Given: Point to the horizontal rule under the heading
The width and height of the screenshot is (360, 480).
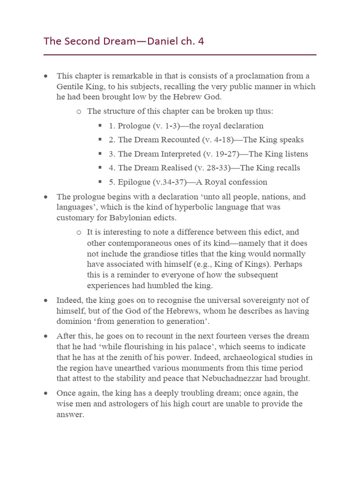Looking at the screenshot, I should click(180, 55).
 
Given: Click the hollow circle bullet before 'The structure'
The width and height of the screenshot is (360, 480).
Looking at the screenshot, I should click(79, 112).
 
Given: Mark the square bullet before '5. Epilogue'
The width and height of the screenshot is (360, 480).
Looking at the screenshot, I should click(100, 181).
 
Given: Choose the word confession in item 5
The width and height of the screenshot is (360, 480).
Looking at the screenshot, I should click(247, 182).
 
